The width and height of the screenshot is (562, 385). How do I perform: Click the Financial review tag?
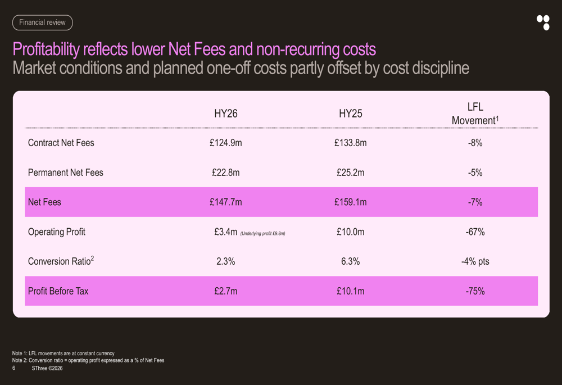coord(42,22)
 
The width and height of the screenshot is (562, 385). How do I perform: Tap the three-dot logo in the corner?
coord(543,22)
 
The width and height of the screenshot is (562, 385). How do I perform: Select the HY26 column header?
coord(226,114)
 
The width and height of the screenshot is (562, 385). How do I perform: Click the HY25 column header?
coord(351,114)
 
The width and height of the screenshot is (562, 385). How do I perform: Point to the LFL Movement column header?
coord(475,114)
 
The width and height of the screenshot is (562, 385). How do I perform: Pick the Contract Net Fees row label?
coord(61,143)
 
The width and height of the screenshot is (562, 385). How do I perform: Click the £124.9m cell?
coord(226,143)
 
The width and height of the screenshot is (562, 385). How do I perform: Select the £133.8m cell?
coord(351,143)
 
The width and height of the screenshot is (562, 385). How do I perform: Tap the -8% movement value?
coord(475,143)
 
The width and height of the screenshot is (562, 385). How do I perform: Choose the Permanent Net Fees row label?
coord(66,173)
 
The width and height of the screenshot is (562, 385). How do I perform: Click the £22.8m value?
coord(226,173)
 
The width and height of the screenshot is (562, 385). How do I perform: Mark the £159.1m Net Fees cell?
coord(351,202)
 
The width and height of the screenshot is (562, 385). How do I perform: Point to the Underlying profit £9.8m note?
coord(262,234)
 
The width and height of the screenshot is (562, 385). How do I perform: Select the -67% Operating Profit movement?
coord(475,232)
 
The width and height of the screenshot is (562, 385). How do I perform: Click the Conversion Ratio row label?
coord(61,261)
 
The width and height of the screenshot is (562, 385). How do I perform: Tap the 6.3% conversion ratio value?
coord(351,261)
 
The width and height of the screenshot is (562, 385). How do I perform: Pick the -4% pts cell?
coord(475,261)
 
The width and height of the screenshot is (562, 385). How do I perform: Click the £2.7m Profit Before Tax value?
coord(226,291)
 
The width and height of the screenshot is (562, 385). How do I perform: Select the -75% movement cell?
coord(475,291)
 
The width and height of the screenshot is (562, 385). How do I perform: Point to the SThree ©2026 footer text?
coord(47,368)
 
